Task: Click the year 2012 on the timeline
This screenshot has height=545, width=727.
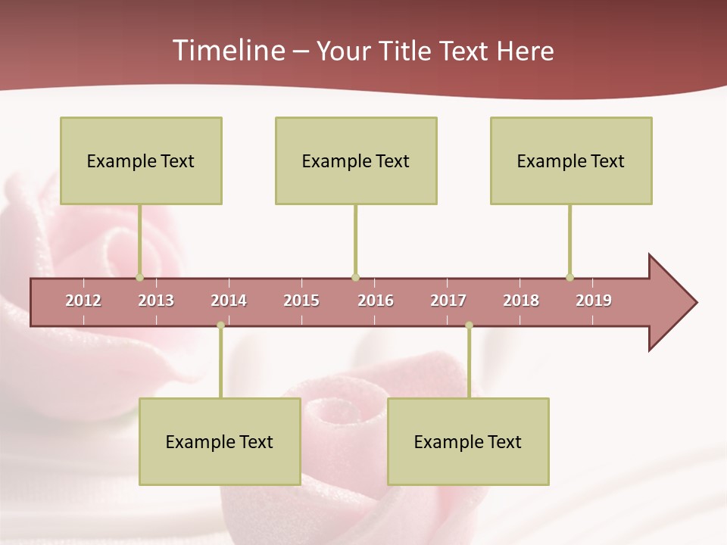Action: [x=83, y=301]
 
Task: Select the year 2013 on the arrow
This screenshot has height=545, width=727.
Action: [x=156, y=301]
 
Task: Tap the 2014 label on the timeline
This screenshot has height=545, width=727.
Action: [x=229, y=301]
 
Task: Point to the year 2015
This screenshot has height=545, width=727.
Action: [x=301, y=301]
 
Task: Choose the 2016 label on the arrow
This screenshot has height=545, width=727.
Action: [x=376, y=301]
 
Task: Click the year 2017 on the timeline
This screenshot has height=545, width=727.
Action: [x=448, y=301]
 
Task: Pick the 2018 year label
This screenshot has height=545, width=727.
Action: [x=521, y=301]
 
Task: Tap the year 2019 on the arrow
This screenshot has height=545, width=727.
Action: [x=594, y=301]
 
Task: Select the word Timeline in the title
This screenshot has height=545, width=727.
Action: [x=227, y=51]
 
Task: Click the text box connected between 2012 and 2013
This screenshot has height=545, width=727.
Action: [x=141, y=160]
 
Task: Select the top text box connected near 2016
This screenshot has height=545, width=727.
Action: [x=356, y=160]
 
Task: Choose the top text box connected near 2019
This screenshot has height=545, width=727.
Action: [x=571, y=160]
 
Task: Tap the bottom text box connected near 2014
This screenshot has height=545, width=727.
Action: [x=220, y=441]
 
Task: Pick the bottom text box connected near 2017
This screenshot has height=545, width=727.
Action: [x=468, y=441]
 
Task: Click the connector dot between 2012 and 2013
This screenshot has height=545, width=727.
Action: [x=139, y=277]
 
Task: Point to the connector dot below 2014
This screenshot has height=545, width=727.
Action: [x=220, y=325]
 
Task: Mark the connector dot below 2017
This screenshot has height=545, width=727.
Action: [x=469, y=325]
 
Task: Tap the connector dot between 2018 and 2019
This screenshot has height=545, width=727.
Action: [x=569, y=277]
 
